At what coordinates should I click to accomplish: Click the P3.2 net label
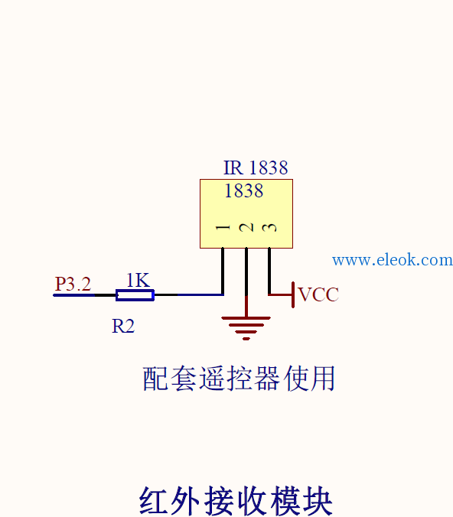point(73,284)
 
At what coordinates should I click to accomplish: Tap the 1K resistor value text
point(139,280)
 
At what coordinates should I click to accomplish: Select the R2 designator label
point(123,326)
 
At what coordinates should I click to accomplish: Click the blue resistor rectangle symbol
point(135,295)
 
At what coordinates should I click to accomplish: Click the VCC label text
point(318,294)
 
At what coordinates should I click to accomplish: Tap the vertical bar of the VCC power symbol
point(293,294)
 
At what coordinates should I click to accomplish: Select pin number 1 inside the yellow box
point(223,227)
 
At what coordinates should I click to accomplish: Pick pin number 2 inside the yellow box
point(246,227)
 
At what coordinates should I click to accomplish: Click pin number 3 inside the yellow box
point(269,227)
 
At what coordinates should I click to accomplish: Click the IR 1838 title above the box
point(256,167)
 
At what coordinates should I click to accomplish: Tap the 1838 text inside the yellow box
point(244,190)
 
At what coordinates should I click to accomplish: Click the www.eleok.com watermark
point(393,260)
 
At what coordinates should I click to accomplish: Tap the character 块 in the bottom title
point(318,500)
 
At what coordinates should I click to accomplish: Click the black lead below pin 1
point(223,271)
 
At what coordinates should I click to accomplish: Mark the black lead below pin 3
point(269,271)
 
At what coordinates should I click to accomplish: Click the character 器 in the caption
point(266,379)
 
